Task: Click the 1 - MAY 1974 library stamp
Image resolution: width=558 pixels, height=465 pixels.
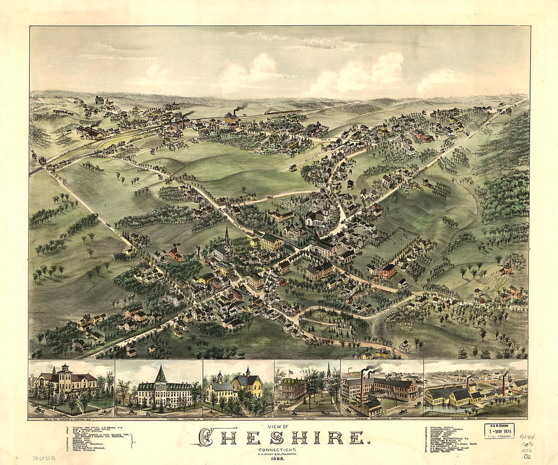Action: pyautogui.click(x=499, y=430)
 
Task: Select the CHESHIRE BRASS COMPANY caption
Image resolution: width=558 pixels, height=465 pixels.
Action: pyautogui.click(x=476, y=418)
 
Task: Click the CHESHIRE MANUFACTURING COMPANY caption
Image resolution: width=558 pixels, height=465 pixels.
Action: pyautogui.click(x=382, y=418)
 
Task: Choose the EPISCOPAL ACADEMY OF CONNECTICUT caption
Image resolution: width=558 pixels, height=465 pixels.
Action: pyautogui.click(x=159, y=418)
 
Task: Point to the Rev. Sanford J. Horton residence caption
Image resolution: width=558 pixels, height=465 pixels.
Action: pyautogui.click(x=71, y=418)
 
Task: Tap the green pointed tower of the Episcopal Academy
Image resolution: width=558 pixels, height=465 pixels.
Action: pyautogui.click(x=161, y=375)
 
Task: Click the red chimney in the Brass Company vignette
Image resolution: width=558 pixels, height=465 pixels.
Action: pyautogui.click(x=504, y=385)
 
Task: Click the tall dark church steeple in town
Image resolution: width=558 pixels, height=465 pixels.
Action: pyautogui.click(x=227, y=236)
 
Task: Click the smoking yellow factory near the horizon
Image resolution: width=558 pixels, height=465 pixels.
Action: pyautogui.click(x=232, y=118)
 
